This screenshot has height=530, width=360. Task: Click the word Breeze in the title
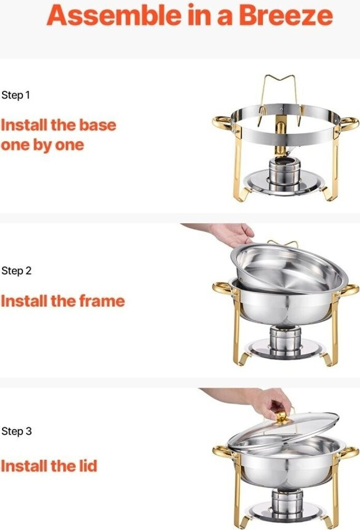286,16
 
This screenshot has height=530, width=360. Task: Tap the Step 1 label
16,95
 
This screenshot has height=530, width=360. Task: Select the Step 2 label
16,271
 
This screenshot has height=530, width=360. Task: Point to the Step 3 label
16,431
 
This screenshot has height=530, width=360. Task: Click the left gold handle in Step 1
221,123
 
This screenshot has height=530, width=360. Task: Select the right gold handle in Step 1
349,124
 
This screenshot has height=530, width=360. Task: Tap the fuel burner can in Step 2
285,339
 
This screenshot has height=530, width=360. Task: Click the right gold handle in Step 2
350,291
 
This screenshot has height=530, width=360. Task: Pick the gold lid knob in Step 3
282,418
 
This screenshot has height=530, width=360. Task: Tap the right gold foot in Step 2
328,359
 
